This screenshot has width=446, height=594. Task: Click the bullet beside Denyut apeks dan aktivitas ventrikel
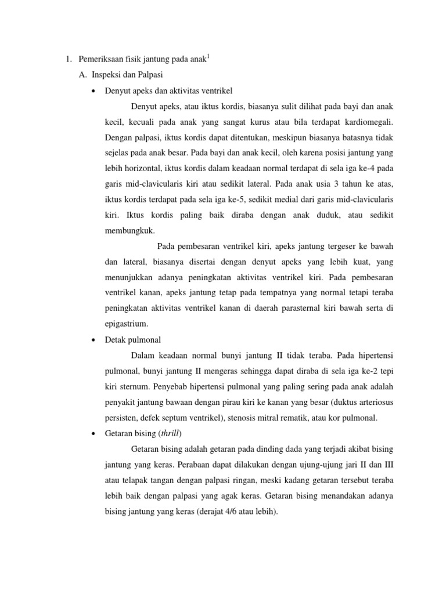click(x=93, y=91)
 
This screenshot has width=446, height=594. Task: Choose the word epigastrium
click(x=127, y=323)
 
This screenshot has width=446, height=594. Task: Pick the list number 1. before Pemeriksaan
click(x=67, y=59)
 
